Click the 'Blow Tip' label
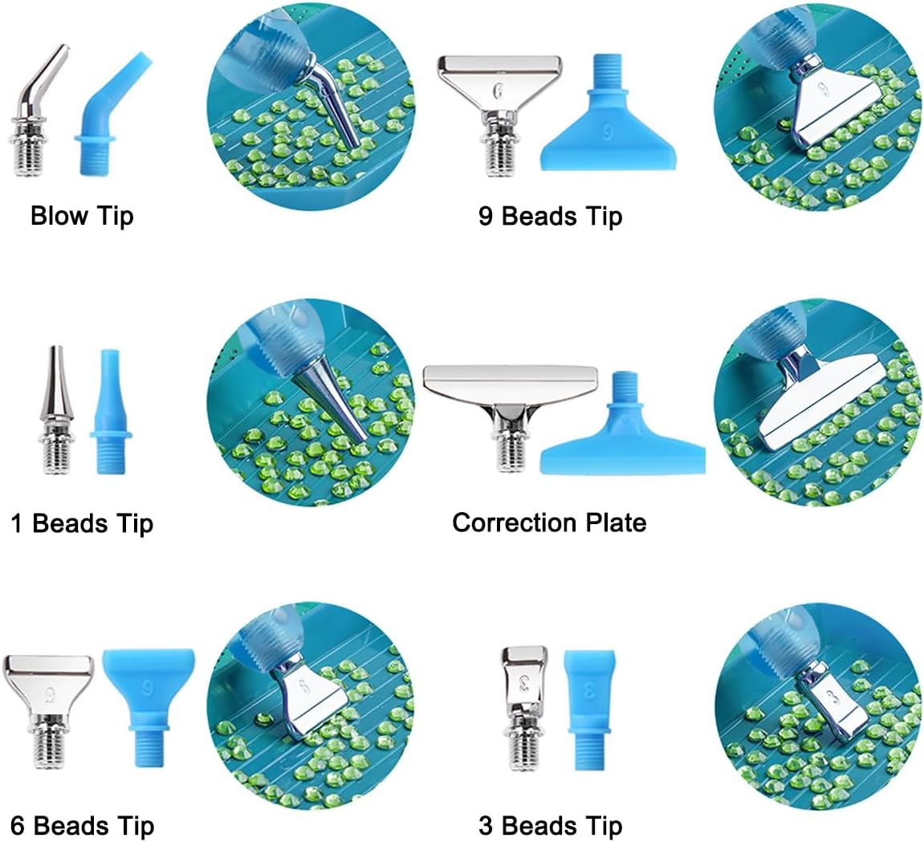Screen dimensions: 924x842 [x=82, y=216]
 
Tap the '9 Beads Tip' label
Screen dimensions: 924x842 [x=551, y=216]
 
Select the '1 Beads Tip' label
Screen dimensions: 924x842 [x=82, y=523]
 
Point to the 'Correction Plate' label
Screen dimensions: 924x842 [x=549, y=523]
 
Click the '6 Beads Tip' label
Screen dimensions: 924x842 [x=82, y=825]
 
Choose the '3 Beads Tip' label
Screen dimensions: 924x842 [x=551, y=825]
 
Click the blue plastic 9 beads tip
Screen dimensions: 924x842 [x=609, y=118]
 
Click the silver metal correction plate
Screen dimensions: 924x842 [x=511, y=413]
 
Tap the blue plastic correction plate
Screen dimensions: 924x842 [x=622, y=427]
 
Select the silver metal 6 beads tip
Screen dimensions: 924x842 [x=49, y=707]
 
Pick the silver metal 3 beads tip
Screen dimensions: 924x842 [x=523, y=707]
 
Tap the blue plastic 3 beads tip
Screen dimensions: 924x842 [x=589, y=710]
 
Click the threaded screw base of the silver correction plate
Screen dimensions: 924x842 [x=510, y=454]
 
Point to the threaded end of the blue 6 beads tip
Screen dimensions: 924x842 [x=149, y=746]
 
